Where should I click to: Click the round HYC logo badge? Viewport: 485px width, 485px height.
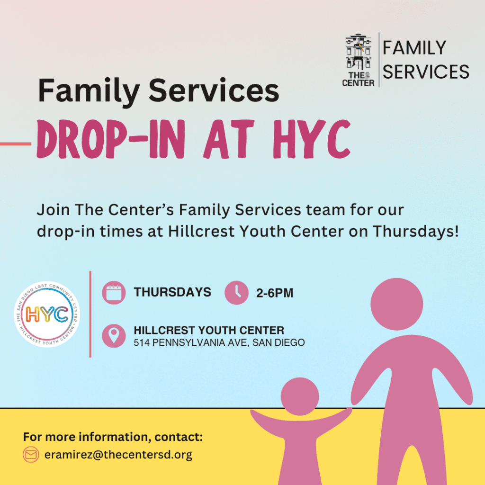click(47, 314)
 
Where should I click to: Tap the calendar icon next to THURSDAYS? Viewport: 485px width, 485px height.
click(114, 293)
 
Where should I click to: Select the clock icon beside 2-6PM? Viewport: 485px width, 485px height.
click(237, 293)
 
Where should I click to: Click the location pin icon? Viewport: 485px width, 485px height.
click(114, 336)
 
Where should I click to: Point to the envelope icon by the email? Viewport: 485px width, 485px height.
click(31, 454)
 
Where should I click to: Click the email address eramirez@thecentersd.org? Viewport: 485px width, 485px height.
click(118, 454)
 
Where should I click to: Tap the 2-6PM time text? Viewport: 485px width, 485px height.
click(275, 293)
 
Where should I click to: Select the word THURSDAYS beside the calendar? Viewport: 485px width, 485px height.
click(172, 292)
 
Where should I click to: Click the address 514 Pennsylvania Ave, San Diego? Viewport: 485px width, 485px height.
click(219, 342)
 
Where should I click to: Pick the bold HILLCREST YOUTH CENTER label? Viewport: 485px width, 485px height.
click(209, 330)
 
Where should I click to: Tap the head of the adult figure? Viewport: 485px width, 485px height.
click(397, 304)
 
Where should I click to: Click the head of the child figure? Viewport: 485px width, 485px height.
click(300, 396)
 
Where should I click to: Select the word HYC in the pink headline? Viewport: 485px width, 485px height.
click(312, 139)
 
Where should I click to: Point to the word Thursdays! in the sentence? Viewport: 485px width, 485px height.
click(415, 231)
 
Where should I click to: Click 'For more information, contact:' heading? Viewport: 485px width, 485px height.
click(113, 437)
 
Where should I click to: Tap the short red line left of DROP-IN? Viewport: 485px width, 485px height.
click(16, 144)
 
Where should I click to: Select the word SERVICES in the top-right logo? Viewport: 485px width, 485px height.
click(426, 72)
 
